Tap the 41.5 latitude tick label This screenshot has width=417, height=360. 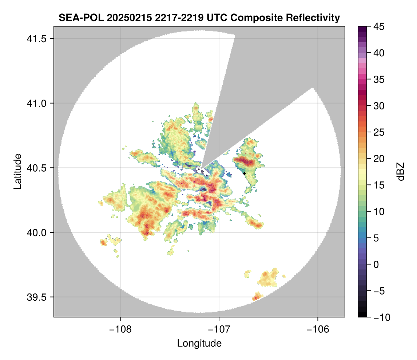coord(36,39)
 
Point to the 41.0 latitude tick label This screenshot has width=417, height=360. coord(36,103)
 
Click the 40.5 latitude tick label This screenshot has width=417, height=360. coord(36,168)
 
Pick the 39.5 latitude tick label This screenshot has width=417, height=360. coord(36,297)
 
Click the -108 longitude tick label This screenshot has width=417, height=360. coord(120,329)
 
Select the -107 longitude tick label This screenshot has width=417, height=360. coord(219,329)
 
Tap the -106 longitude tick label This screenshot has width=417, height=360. coord(318,329)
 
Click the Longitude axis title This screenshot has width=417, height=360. coord(199,344)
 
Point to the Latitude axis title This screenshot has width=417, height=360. coord(17,172)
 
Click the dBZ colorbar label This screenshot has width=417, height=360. coord(401,172)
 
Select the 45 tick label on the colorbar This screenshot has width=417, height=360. coord(379,27)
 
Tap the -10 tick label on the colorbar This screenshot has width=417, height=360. coord(382,317)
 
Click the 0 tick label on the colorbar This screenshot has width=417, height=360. coord(376,265)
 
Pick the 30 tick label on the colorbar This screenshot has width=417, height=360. coord(379,106)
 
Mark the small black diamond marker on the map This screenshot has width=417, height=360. coord(245,173)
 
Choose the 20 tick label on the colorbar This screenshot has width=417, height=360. coord(379,159)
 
